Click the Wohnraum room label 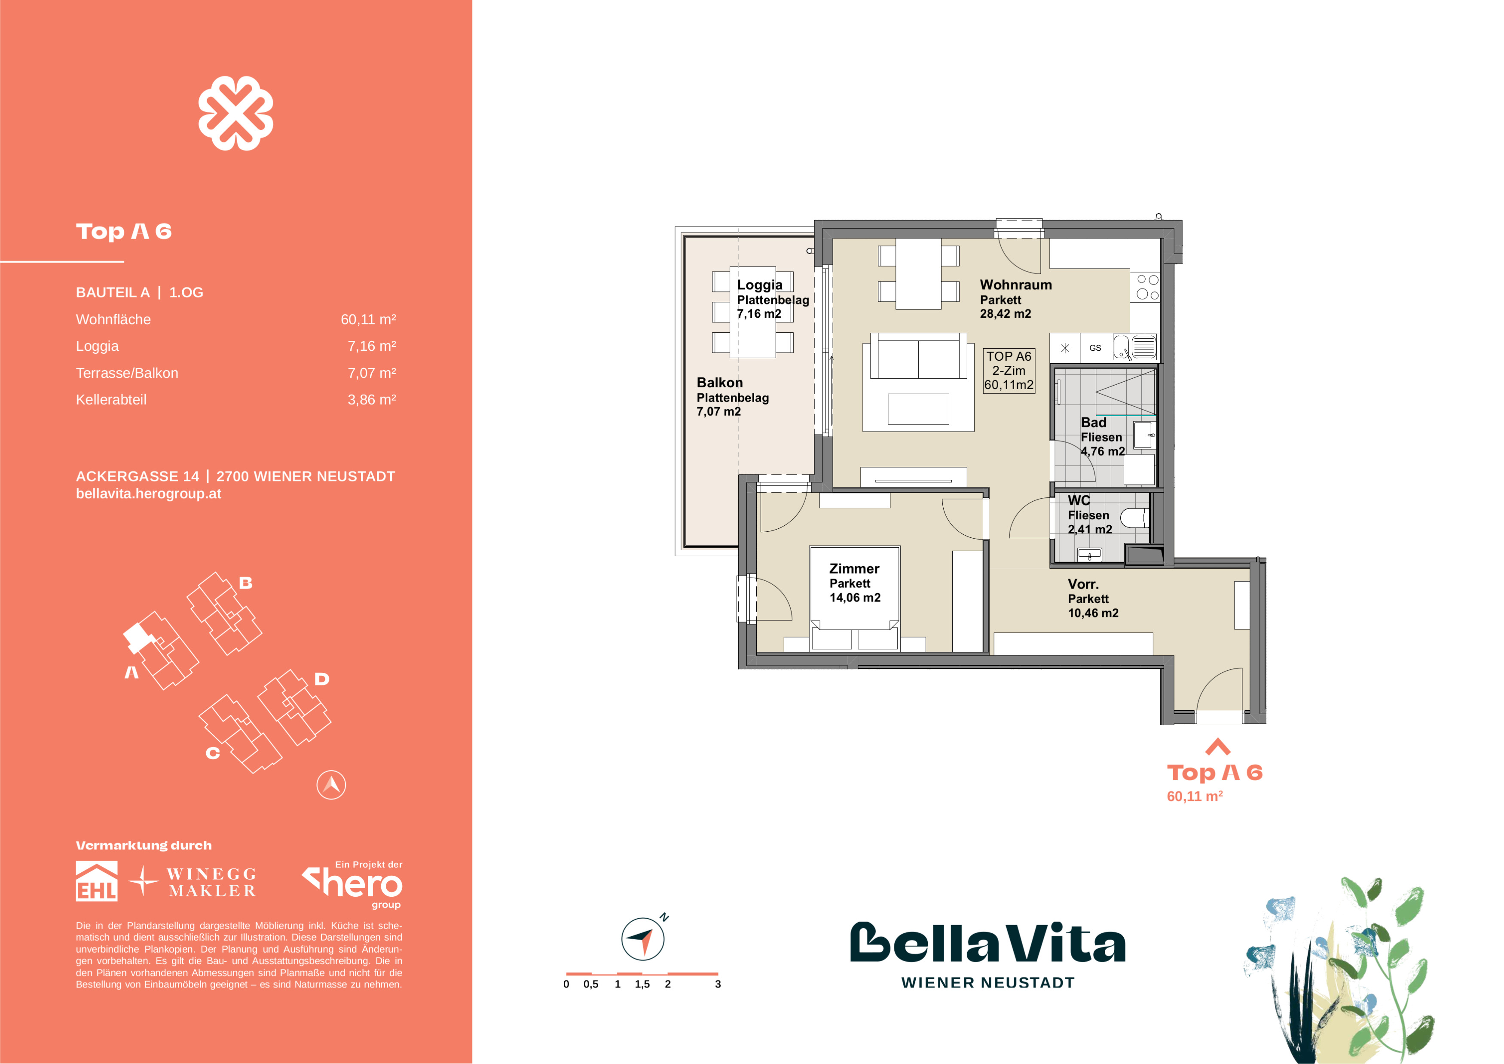[1015, 285]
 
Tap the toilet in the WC [1134, 518]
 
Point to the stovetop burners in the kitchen [1147, 287]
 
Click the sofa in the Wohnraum [918, 356]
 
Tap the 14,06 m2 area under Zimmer [855, 598]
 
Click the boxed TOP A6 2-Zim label [1009, 371]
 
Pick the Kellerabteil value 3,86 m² [371, 400]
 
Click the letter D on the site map [321, 679]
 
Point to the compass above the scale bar [642, 938]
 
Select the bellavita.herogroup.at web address [149, 494]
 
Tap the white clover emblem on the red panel [236, 113]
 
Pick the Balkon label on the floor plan [719, 383]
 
